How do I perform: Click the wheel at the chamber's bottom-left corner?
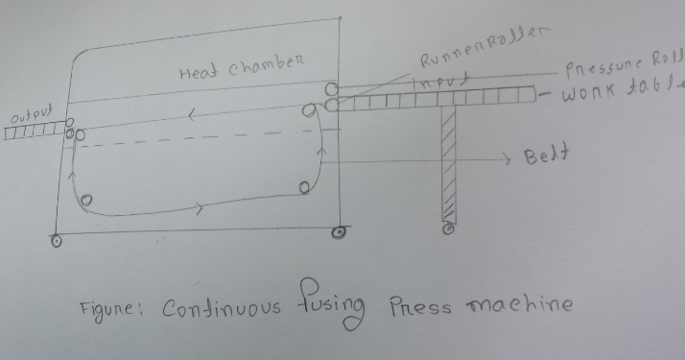56,241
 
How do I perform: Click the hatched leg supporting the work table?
446,163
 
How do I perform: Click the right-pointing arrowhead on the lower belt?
201,207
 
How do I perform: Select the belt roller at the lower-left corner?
86,202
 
